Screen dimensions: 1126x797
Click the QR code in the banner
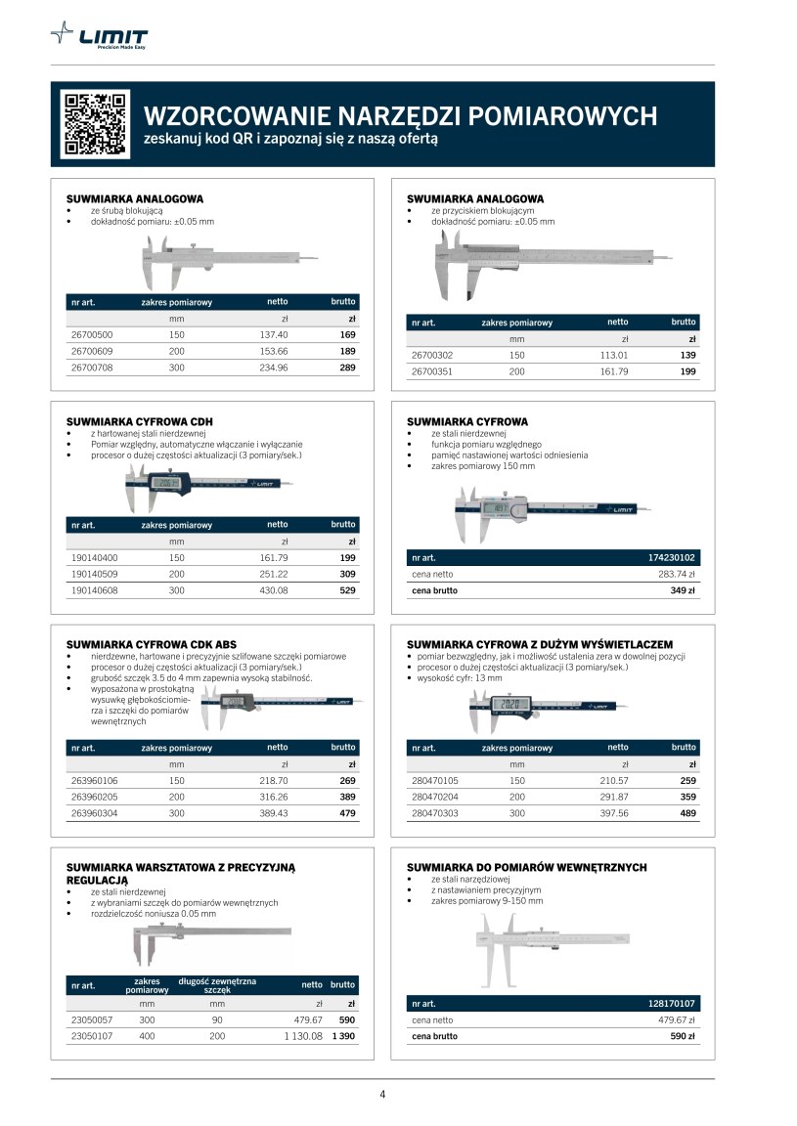(x=95, y=124)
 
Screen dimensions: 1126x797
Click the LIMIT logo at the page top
(x=101, y=38)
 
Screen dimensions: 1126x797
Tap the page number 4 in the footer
(x=382, y=1094)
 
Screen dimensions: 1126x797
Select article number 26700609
(x=93, y=351)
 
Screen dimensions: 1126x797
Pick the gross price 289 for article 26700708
(x=347, y=368)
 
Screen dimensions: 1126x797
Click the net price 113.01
(x=613, y=355)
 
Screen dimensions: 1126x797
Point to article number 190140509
(x=95, y=574)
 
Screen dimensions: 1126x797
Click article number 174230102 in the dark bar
(x=671, y=558)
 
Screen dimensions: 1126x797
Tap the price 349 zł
(x=682, y=590)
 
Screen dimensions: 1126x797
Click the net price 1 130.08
(x=303, y=1035)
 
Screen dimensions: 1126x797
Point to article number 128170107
(x=671, y=1004)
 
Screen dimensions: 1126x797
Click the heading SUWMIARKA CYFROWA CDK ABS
(x=151, y=644)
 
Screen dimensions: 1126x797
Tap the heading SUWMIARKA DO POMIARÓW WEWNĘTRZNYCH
(x=526, y=867)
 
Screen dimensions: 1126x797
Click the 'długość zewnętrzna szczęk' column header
(x=217, y=985)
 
